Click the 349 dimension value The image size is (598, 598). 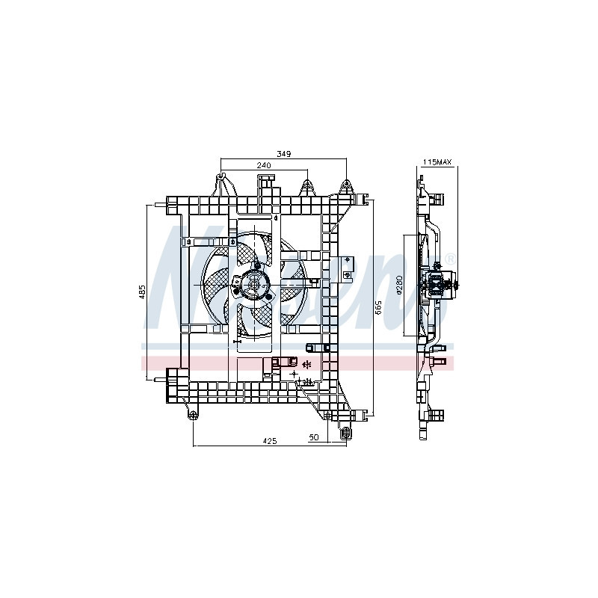[x=283, y=154]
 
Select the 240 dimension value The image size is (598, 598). [x=263, y=165]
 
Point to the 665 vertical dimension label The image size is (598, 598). [x=378, y=306]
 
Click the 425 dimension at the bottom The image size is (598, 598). [x=270, y=441]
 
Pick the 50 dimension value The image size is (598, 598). [x=313, y=437]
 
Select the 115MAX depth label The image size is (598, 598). [x=437, y=162]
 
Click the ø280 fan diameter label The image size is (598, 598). [x=400, y=285]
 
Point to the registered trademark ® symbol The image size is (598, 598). [x=449, y=259]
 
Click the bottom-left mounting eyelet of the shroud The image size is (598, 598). [x=193, y=415]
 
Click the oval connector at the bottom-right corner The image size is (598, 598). [x=345, y=434]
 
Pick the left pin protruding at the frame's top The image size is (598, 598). [x=158, y=203]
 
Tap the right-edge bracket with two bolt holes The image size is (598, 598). [x=346, y=266]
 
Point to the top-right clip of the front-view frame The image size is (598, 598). [x=364, y=200]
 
